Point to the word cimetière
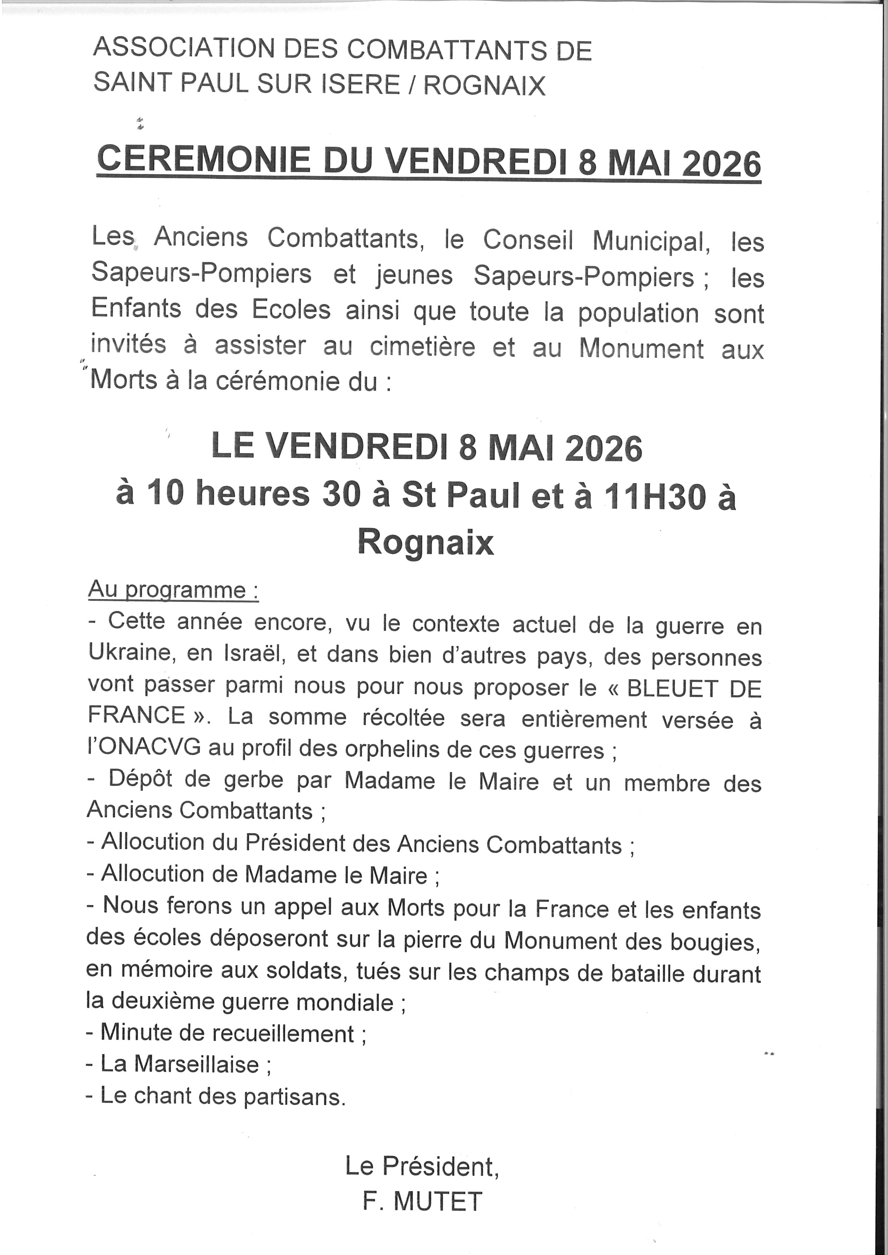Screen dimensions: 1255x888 [423, 347]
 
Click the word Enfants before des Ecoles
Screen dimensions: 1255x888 [136, 310]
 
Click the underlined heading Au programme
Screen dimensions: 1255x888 [173, 590]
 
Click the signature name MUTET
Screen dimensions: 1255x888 [438, 1201]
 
